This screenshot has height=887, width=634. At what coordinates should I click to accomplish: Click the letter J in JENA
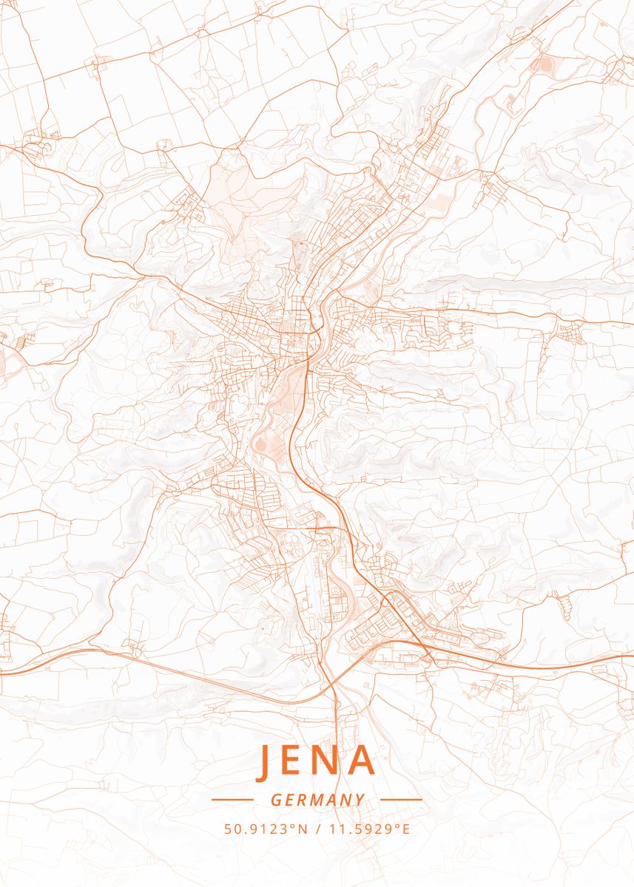[x=265, y=762]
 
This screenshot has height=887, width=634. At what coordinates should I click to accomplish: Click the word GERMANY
[x=317, y=800]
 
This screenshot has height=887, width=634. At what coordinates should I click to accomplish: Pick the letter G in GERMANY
[x=275, y=800]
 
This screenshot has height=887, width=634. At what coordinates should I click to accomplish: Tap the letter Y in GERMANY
[x=360, y=800]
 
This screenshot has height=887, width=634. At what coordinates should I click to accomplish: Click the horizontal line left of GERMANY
[x=233, y=800]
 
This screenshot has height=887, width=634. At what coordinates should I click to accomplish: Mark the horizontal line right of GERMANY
[x=401, y=800]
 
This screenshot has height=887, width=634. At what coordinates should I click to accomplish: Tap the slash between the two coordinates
[x=317, y=829]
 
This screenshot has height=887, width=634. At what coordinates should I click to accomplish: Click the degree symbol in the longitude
[x=397, y=826]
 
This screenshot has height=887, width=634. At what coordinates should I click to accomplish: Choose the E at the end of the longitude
[x=405, y=829]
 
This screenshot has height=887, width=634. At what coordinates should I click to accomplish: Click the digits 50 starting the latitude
[x=231, y=829]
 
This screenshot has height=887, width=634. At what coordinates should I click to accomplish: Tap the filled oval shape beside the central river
[x=261, y=443]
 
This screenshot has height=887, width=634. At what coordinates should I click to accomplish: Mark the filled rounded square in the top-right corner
[x=546, y=65]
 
